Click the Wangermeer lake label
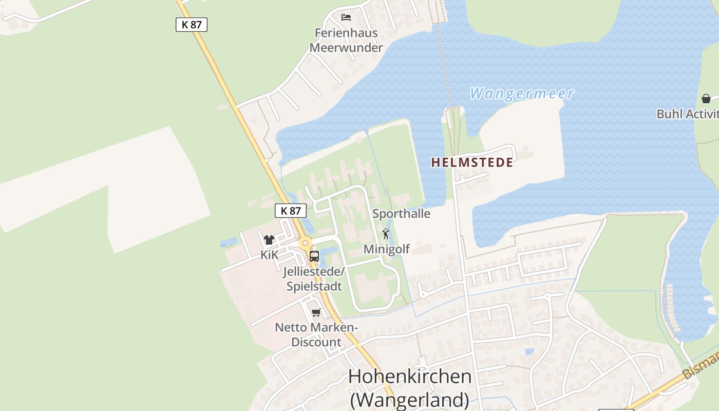[x=521, y=94]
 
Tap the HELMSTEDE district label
[x=472, y=163]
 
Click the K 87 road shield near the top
[x=192, y=24]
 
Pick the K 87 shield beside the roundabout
[x=291, y=211]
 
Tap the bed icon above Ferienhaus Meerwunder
[x=347, y=17]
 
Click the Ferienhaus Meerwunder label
[x=346, y=40]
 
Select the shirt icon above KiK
[x=269, y=239]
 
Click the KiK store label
[x=269, y=255]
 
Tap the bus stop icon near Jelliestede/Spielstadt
[x=314, y=256]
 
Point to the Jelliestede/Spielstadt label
[x=314, y=278]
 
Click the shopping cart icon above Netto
[x=316, y=312]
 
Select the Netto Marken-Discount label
[x=316, y=334]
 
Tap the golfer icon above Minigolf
[x=386, y=234]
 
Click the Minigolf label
[x=387, y=249]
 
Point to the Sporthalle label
[x=401, y=214]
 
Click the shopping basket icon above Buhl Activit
[x=706, y=99]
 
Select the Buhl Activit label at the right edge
[x=687, y=114]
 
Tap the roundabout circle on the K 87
[x=306, y=244]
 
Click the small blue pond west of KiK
[x=229, y=242]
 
